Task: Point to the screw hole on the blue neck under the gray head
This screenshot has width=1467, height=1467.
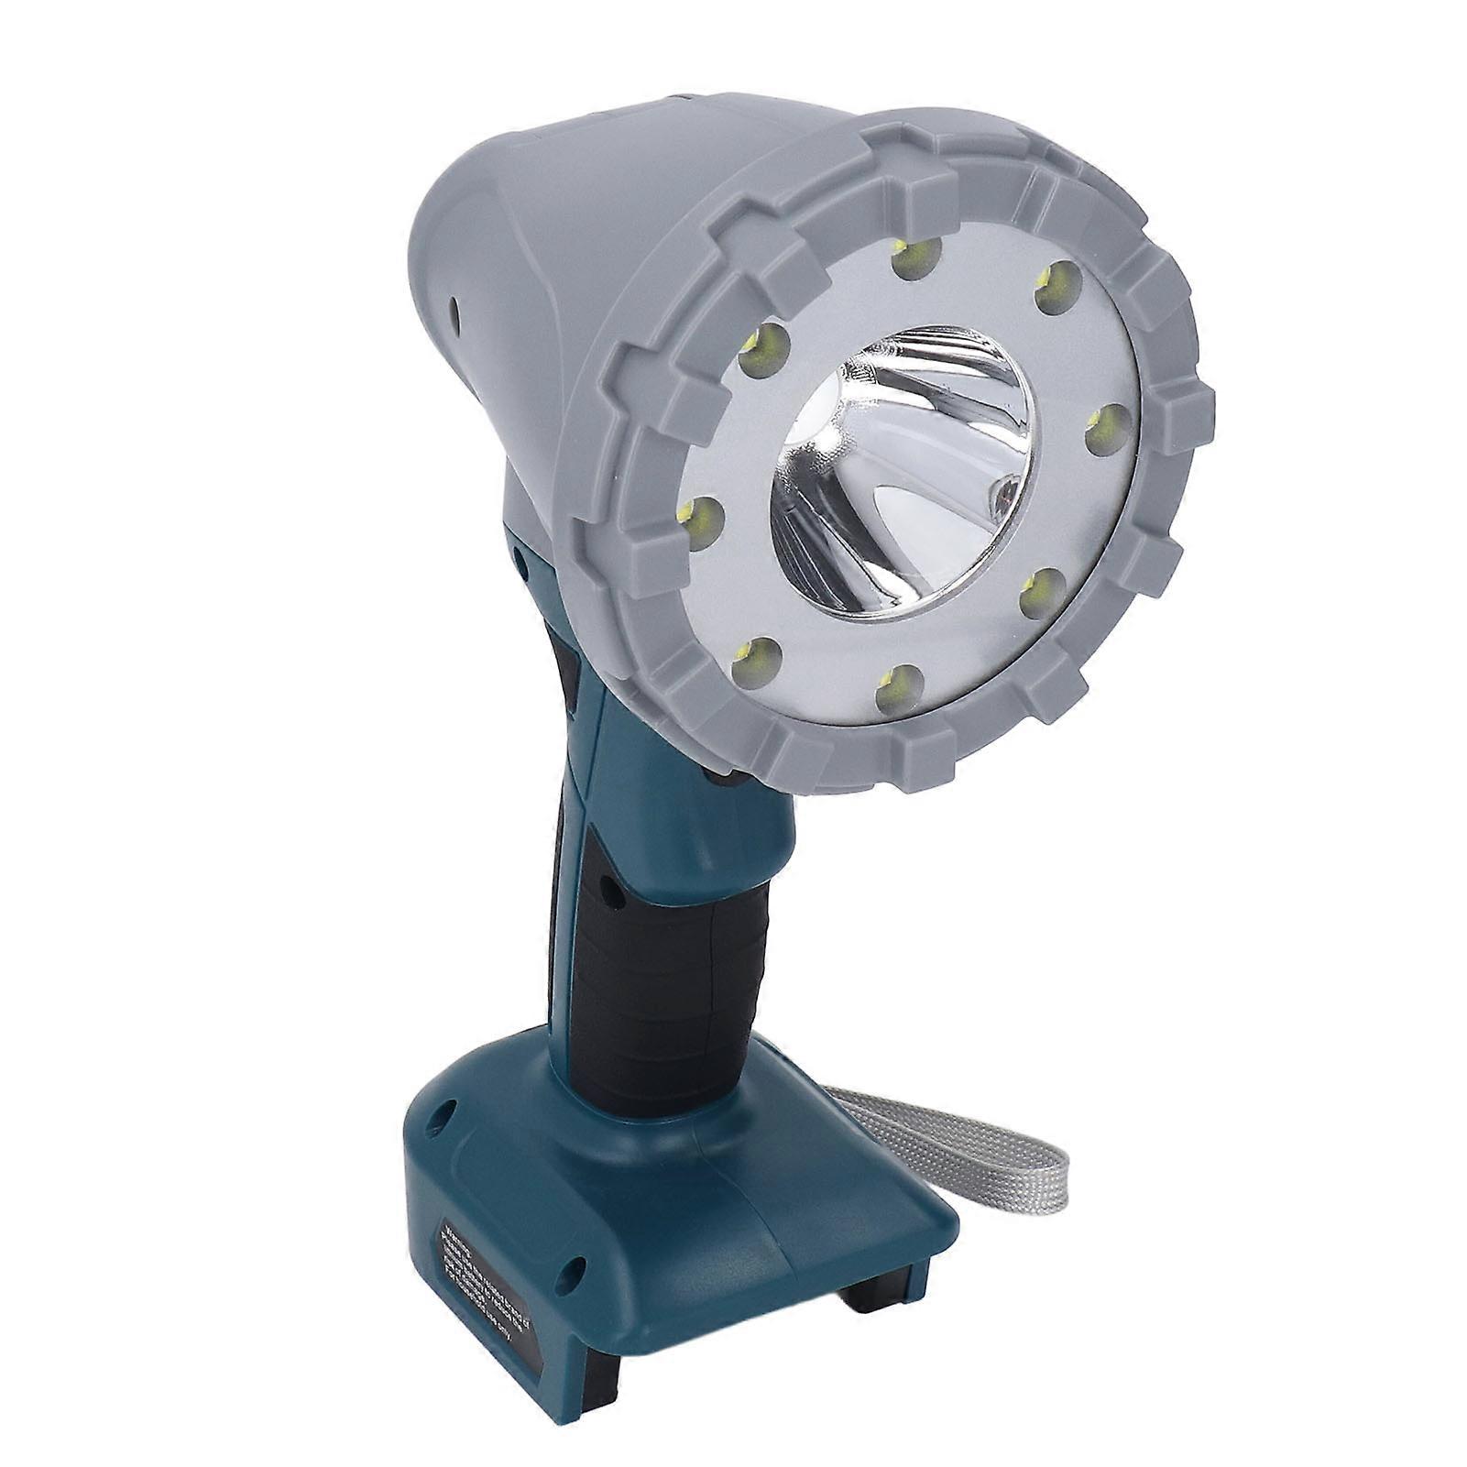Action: [x=520, y=555]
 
